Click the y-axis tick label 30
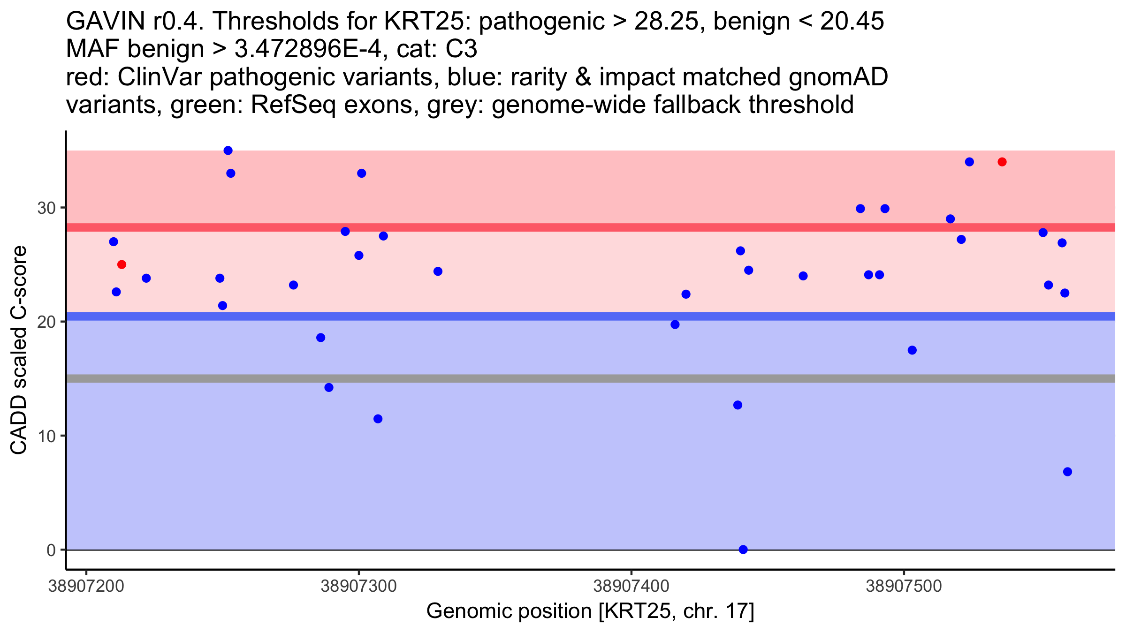(x=46, y=208)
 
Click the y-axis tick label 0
(x=51, y=550)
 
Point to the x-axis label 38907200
(x=86, y=586)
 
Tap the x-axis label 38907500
(x=904, y=586)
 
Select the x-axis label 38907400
(x=631, y=586)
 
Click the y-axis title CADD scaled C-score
(x=19, y=350)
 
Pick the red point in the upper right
(x=1002, y=162)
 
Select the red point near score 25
(x=122, y=265)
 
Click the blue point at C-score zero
(x=743, y=550)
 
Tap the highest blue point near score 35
(x=228, y=151)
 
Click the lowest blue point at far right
(x=1067, y=472)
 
